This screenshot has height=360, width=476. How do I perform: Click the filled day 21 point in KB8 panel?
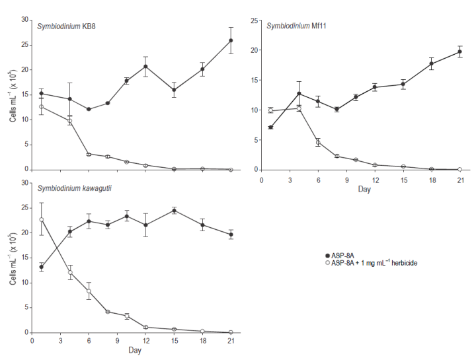(231, 40)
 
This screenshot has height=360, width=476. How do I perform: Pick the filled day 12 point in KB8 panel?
(145, 66)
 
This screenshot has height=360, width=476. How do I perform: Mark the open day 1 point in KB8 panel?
(42, 106)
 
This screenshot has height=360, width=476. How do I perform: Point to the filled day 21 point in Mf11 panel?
(459, 52)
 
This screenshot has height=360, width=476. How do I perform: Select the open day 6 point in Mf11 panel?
(318, 142)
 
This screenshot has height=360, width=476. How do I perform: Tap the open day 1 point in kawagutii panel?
(42, 219)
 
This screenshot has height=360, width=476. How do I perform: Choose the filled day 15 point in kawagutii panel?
(174, 210)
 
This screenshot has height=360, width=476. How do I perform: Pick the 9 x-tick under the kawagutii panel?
(117, 342)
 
